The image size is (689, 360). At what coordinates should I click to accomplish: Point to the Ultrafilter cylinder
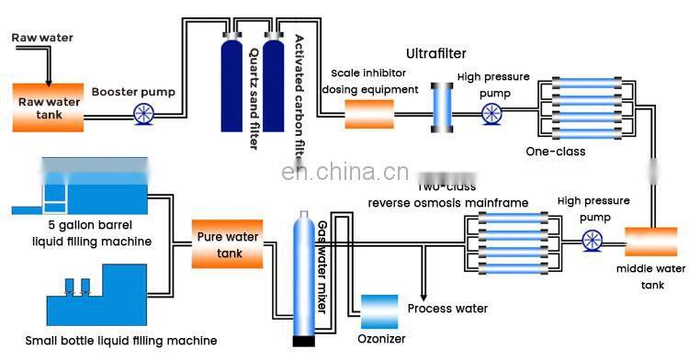445,108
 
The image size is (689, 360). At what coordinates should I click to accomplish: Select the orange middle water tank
650,242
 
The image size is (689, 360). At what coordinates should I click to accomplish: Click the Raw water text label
41,38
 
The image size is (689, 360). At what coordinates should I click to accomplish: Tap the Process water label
447,309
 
